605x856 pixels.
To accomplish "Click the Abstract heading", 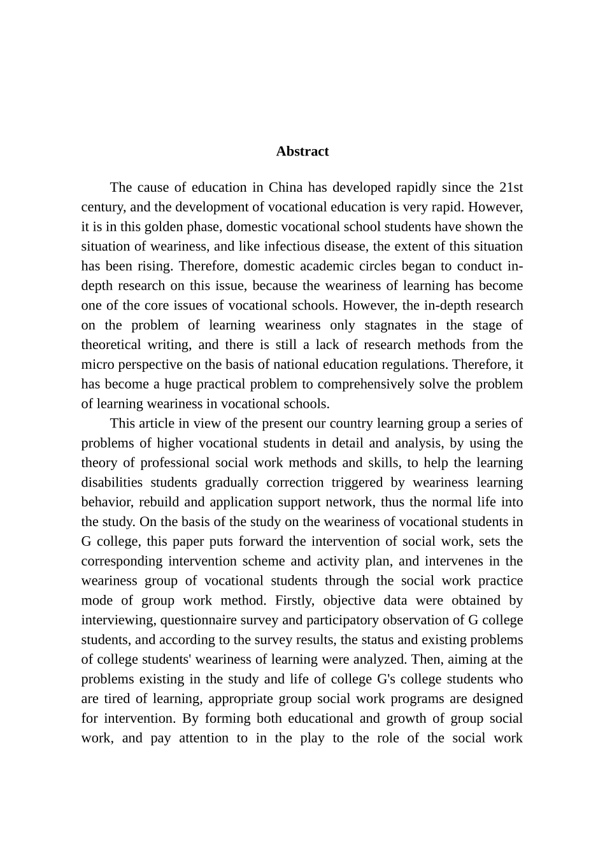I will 302,152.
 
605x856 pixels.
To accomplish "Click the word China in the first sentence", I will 285,187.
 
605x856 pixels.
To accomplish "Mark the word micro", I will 97,365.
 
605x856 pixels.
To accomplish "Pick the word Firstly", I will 295,601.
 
